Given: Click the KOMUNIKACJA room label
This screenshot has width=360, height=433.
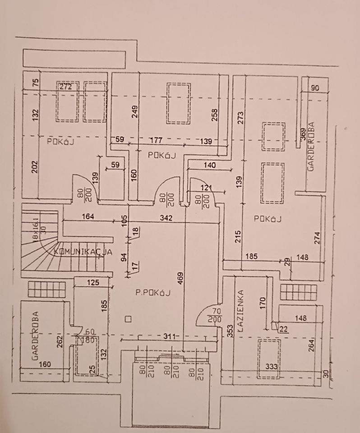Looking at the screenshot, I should tap(83, 252).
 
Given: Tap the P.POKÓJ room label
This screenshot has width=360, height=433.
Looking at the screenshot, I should tap(152, 293).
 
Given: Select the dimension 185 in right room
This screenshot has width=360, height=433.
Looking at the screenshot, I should tap(251, 257).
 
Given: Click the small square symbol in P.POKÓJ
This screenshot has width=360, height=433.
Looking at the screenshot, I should tap(129, 319).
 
